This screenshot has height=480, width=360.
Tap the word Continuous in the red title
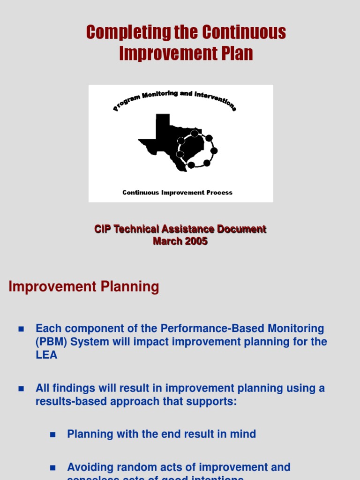(x=244, y=32)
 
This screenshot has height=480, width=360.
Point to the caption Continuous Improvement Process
(x=177, y=193)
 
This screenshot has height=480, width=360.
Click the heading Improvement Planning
(x=84, y=287)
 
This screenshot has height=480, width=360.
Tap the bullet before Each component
(x=21, y=329)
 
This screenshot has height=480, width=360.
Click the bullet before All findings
(x=21, y=389)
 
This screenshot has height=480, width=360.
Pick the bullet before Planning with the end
(x=52, y=435)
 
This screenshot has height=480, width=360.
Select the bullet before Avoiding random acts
(x=52, y=467)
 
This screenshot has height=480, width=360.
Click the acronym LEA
(x=46, y=355)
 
